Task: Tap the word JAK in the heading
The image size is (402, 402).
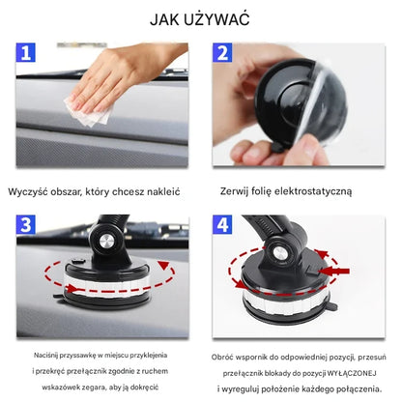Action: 167,18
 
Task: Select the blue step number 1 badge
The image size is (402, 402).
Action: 27,53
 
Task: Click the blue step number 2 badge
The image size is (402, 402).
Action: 223,53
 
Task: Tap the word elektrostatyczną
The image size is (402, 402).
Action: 314,191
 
